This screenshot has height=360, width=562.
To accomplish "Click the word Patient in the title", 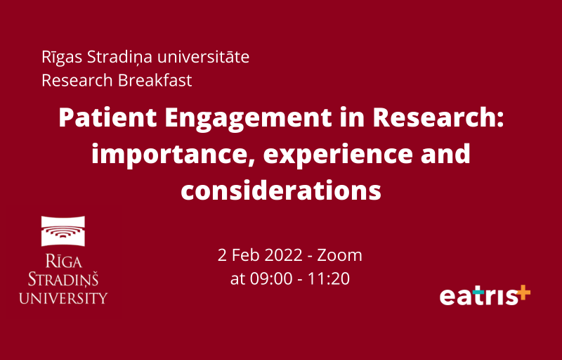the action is click(107, 117).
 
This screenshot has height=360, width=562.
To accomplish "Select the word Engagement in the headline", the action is click(248, 119).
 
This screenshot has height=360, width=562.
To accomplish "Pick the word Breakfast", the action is click(155, 80).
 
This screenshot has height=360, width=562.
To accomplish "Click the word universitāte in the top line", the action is click(203, 57).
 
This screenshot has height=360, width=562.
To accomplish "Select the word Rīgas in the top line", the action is click(62, 58).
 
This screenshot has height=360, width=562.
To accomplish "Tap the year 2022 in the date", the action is click(285, 255).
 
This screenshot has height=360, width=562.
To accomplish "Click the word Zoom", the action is click(339, 255).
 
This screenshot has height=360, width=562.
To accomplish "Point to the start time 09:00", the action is click(271, 279).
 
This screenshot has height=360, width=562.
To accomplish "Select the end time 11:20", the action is click(328, 279).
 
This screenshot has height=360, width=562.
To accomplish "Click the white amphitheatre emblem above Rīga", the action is click(63, 231).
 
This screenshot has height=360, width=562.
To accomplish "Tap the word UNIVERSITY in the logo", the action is click(63, 298).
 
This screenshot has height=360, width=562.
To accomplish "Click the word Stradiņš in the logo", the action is click(63, 279).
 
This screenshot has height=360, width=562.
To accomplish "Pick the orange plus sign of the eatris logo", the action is click(523, 292).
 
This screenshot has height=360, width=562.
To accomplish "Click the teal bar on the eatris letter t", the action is click(478, 292).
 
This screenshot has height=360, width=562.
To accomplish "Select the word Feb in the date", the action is click(245, 255).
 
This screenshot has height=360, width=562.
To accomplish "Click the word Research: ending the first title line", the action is click(438, 117).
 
